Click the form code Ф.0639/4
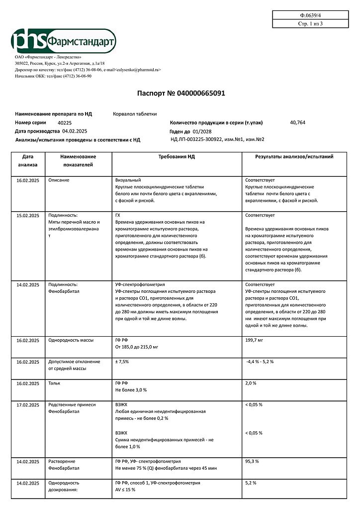310,15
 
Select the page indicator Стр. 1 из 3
310,24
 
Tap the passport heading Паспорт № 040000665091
184,93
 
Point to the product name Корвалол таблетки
135,114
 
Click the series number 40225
65,123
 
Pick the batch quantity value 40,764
297,122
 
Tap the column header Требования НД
177,156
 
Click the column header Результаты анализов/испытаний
294,156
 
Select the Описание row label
59,180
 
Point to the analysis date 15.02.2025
28,215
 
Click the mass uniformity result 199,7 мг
254,340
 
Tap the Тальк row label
54,383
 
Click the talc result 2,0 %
251,383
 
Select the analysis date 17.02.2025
28,405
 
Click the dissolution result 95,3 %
252,462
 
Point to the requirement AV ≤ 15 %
125,490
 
